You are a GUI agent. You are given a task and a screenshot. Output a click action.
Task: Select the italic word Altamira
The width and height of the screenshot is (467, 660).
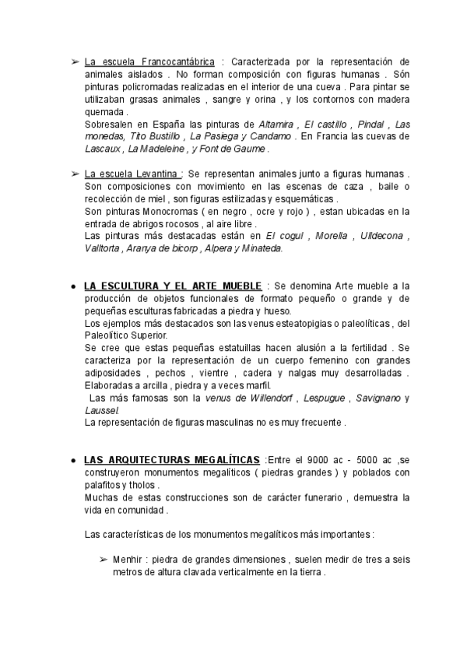pos(276,124)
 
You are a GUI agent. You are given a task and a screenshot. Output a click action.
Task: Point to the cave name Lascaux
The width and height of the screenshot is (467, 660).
pos(102,148)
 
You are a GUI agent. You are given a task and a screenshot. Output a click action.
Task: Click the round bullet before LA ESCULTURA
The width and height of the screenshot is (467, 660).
pos(72,286)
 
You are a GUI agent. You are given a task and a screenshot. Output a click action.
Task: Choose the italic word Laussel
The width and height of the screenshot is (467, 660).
pos(100,410)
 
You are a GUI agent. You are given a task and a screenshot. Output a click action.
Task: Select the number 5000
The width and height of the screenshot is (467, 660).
pos(366,460)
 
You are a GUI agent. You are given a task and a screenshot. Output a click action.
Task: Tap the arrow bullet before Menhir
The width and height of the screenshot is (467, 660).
pos(103,560)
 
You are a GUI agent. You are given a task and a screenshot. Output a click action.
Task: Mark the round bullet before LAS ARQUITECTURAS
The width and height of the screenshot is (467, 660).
pos(72,460)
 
